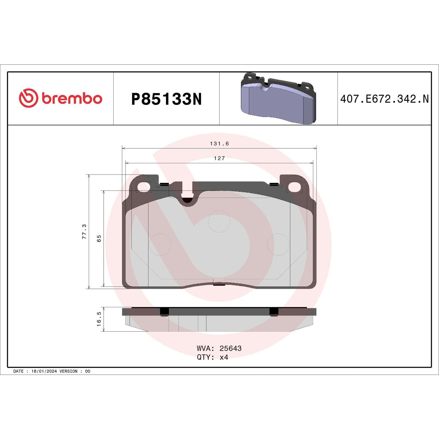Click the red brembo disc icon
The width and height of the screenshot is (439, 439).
(28, 98)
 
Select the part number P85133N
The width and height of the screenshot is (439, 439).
(166, 99)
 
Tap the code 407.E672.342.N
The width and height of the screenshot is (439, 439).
(384, 99)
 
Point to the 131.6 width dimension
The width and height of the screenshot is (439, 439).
(219, 144)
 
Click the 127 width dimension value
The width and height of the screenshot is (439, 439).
(219, 158)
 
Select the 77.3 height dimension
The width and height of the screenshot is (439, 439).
(84, 231)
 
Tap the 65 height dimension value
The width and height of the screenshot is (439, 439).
(99, 238)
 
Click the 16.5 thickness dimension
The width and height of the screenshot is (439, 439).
(99, 319)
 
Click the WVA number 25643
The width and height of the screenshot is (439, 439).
(230, 348)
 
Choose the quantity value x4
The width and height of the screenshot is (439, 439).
(224, 357)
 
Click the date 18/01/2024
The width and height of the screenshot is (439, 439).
(44, 371)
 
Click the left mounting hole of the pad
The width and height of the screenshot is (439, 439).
(143, 187)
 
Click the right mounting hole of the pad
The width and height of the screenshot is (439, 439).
(295, 187)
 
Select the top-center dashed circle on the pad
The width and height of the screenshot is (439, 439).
(219, 221)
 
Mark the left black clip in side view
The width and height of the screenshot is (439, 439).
(164, 312)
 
